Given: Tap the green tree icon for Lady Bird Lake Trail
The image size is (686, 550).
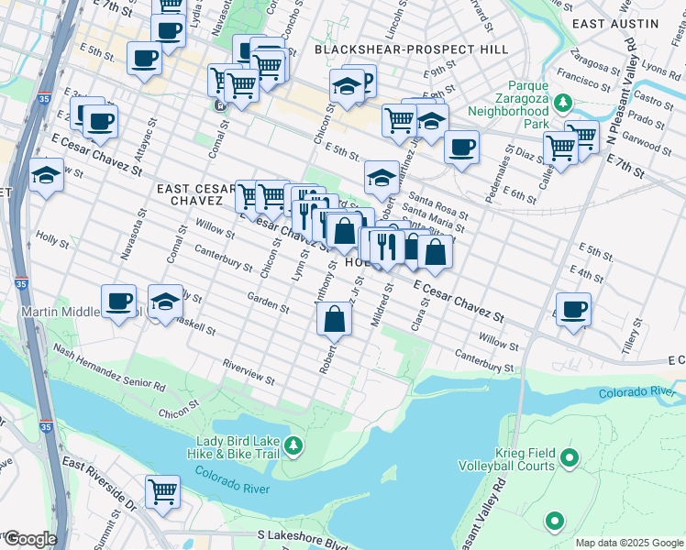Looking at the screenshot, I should pyautogui.click(x=293, y=446).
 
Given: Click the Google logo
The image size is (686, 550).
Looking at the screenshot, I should pyautogui.click(x=29, y=539).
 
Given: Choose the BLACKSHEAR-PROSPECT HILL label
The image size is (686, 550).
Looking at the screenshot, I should pyautogui.click(x=411, y=49).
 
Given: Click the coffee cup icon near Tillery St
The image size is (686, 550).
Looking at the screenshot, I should pyautogui.click(x=574, y=309).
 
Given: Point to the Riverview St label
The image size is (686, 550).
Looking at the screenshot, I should pyautogui.click(x=249, y=370).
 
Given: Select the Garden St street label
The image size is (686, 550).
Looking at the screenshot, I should pyautogui.click(x=268, y=302).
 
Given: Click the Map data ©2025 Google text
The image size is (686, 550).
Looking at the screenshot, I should pyautogui.click(x=629, y=543).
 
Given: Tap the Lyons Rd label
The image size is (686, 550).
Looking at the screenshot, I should pyautogui.click(x=658, y=69).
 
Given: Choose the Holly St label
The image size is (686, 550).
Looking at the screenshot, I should pyautogui.click(x=52, y=240).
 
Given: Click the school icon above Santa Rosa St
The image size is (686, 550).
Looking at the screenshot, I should pyautogui.click(x=382, y=176).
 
